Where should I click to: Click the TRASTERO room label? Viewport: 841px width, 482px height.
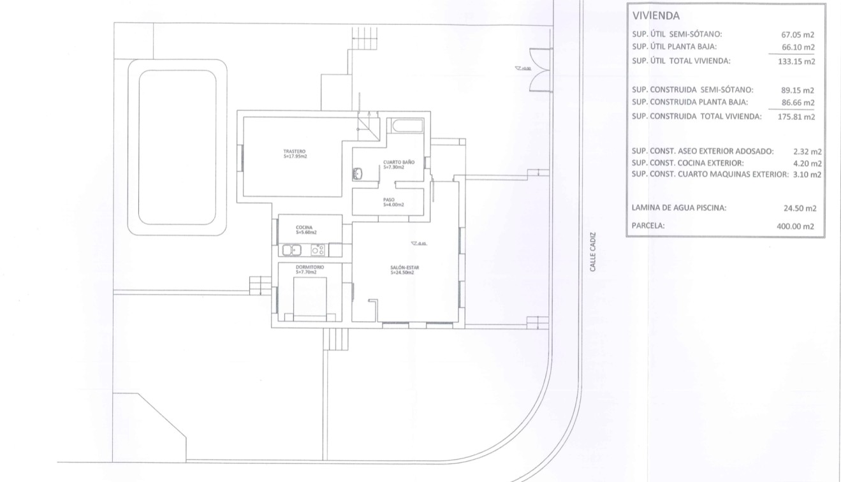coord(295,154)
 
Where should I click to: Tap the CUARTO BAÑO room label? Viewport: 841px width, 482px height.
coord(399,164)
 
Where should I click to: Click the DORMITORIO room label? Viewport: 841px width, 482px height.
coord(310,269)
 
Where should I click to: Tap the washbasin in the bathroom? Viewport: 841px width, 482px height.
coord(358,173)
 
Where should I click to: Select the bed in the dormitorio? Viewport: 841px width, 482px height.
coord(310,300)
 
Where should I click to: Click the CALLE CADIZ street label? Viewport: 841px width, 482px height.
coord(592,252)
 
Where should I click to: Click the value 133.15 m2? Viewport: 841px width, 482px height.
coord(798,62)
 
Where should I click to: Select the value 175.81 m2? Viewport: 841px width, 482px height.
coord(798,117)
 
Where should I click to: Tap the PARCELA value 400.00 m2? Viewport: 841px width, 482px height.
coord(798,226)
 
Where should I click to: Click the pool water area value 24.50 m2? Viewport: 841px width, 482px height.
coord(800,208)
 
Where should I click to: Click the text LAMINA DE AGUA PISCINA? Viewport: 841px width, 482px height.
coord(678,208)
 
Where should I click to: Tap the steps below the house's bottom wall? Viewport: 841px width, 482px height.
coord(335,339)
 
